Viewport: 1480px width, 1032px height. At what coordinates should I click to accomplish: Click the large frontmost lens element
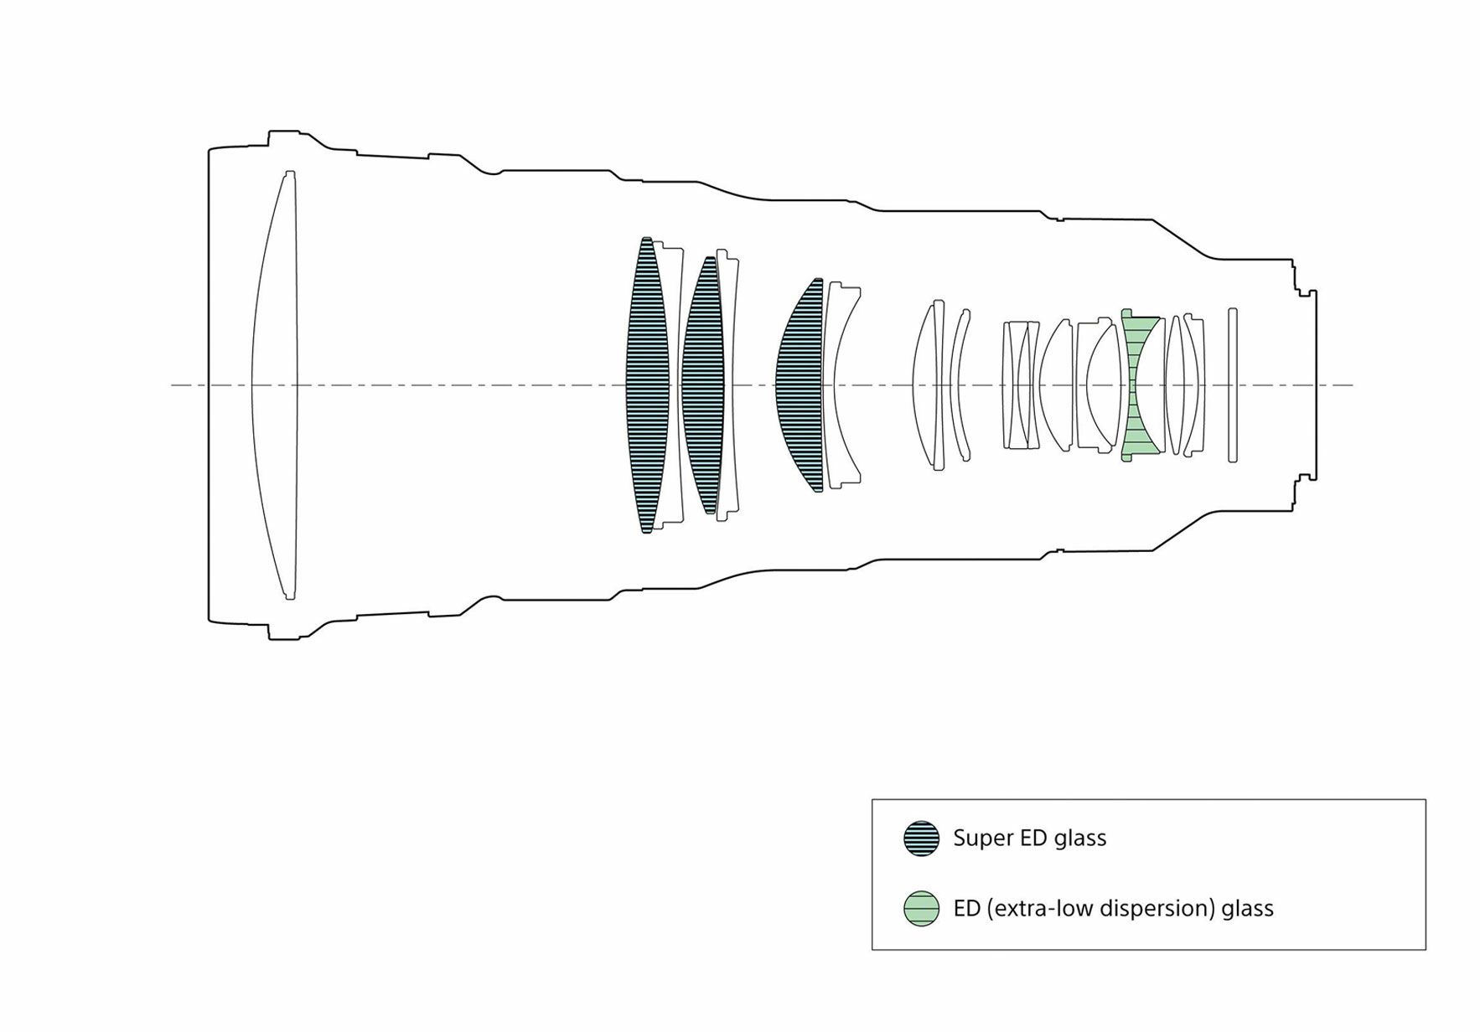[275, 385]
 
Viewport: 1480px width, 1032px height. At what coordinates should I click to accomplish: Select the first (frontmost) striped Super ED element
[647, 385]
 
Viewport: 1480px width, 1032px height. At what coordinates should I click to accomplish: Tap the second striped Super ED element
[703, 385]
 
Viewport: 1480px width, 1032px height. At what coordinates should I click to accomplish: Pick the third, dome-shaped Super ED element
[800, 385]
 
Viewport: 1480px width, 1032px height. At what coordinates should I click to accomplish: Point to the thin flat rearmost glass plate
[1233, 385]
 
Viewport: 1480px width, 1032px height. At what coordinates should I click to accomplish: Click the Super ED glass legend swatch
[921, 838]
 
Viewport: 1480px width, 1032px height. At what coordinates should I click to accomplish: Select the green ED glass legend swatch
[921, 909]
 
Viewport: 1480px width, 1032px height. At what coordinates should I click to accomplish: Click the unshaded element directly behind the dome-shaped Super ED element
[843, 385]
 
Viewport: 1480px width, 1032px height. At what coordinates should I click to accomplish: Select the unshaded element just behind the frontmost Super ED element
[670, 385]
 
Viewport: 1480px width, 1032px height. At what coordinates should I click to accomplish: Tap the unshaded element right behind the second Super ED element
[728, 385]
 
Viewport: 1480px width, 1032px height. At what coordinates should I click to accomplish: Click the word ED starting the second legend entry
[967, 909]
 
